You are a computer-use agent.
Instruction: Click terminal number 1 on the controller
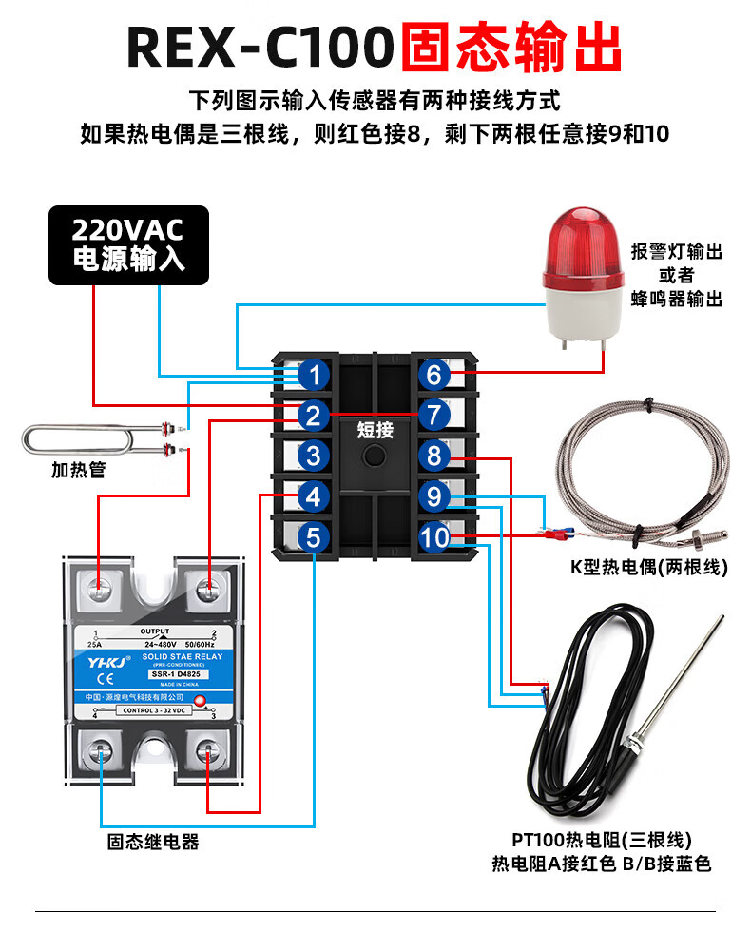click(x=314, y=375)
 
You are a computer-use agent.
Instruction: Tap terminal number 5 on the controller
click(x=314, y=537)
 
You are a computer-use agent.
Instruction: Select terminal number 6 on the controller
click(x=433, y=375)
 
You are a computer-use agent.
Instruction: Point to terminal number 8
click(x=433, y=456)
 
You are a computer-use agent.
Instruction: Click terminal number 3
click(x=314, y=456)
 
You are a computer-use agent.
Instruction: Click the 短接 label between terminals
click(x=375, y=429)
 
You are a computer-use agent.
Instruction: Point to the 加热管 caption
click(x=78, y=470)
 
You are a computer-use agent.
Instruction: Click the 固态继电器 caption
click(x=153, y=842)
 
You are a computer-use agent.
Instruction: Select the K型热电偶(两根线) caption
click(x=648, y=568)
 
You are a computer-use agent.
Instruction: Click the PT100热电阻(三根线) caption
click(x=601, y=841)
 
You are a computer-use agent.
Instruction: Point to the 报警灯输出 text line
click(x=677, y=252)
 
